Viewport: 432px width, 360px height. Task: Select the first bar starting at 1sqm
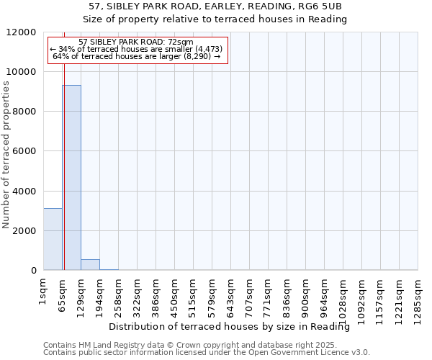(x=53, y=239)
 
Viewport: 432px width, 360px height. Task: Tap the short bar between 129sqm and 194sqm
(x=90, y=264)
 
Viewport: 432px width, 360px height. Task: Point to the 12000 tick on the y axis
(x=27, y=32)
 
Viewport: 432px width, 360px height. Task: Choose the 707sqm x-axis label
(x=249, y=293)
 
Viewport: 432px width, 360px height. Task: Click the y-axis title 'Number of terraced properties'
(x=7, y=155)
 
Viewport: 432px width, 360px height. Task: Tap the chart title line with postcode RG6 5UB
(x=215, y=6)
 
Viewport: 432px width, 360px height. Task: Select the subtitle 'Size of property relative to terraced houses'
(x=215, y=19)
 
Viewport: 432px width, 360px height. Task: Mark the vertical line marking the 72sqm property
(x=64, y=180)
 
